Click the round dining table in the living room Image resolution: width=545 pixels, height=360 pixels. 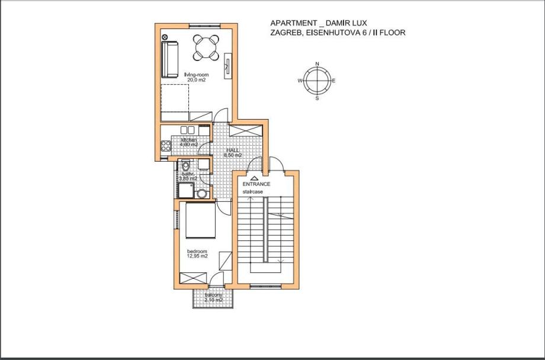click(x=206, y=46)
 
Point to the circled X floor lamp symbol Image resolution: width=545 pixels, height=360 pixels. click(x=165, y=37)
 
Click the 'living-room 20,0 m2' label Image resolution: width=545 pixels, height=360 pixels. click(x=196, y=77)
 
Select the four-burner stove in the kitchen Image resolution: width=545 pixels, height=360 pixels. click(x=165, y=144)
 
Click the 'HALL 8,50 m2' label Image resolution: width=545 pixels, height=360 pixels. click(x=233, y=153)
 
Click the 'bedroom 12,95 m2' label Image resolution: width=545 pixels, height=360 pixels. click(x=197, y=254)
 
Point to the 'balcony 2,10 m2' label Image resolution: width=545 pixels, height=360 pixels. click(x=213, y=298)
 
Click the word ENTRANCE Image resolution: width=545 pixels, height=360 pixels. click(x=256, y=184)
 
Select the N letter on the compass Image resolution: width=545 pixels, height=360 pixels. click(x=317, y=63)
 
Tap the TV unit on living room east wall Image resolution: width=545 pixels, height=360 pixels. click(x=227, y=65)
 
